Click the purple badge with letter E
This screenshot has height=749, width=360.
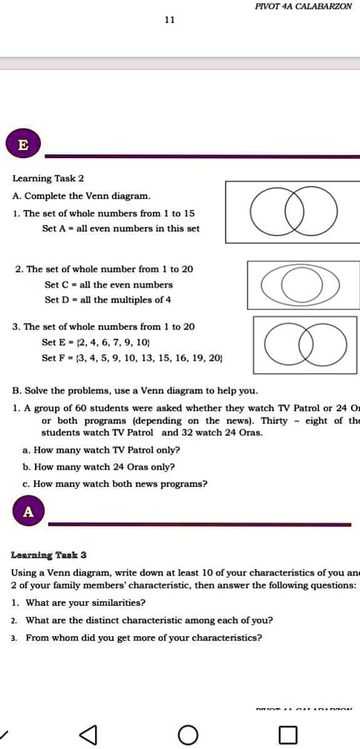tap(23, 145)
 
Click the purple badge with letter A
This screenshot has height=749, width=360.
tap(28, 511)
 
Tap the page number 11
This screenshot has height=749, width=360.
tap(170, 21)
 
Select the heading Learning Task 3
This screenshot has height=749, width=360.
tap(49, 555)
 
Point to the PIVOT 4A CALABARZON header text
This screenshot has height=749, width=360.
tap(303, 6)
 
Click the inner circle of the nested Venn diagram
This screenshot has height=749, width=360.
tap(301, 284)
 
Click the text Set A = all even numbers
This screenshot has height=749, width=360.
tap(120, 229)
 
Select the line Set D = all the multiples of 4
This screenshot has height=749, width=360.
tap(108, 300)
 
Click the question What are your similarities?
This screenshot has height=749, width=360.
tap(85, 602)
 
